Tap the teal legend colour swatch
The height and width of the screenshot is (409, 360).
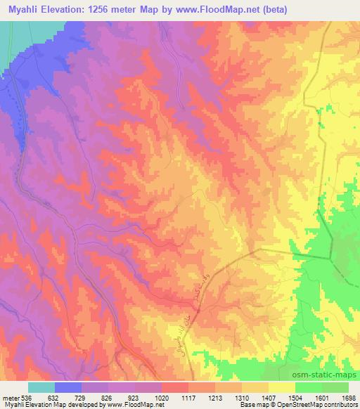[41, 387]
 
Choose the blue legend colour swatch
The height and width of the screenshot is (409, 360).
[68, 387]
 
